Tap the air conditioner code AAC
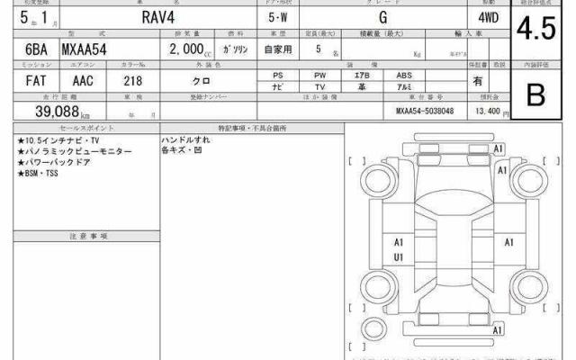click(83, 80)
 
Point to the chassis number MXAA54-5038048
click(432, 112)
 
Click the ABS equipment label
click(404, 75)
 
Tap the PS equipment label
click(279, 75)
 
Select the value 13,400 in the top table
click(487, 111)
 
